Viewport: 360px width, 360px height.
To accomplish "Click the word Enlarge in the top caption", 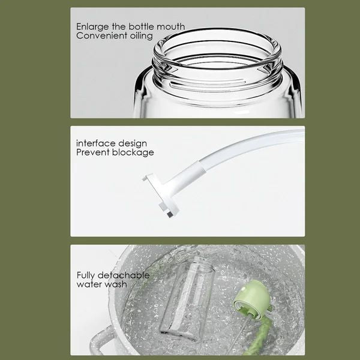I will pos(92,27).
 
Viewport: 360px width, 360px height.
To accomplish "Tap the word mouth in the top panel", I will pos(171,27).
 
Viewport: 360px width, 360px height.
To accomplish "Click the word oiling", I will pos(139,36).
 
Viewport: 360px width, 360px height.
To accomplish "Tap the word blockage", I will pos(132,152).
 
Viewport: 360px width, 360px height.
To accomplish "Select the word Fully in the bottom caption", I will pos(87,275).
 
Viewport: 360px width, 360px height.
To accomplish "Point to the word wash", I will pos(115,284).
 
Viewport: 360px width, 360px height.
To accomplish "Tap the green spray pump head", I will pos(248,298).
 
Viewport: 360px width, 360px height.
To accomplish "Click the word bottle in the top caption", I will pos(140,27).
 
